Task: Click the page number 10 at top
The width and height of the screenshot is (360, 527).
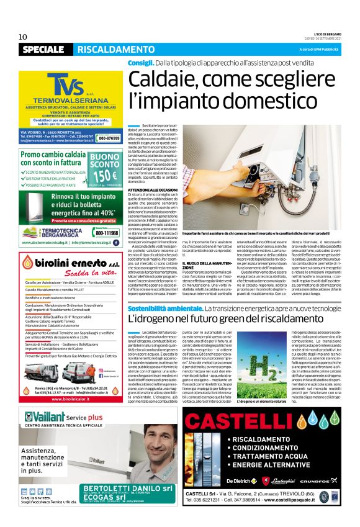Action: click(23, 37)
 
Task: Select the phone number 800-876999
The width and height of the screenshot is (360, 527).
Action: click(109, 138)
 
